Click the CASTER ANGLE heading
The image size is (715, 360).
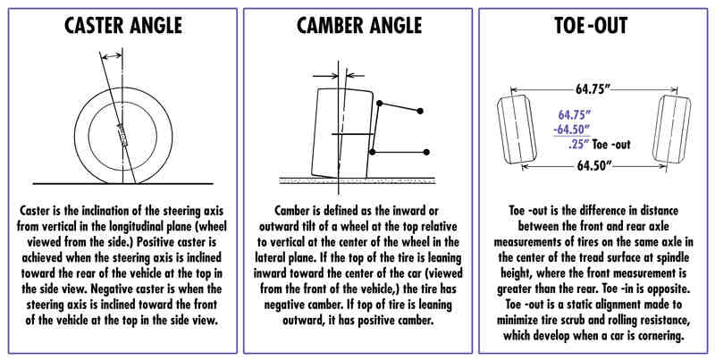123,26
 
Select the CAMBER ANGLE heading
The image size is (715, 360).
359,26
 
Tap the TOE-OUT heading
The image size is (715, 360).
591,26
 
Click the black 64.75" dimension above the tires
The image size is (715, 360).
593,88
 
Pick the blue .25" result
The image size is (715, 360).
578,145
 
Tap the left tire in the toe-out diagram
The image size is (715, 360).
517,130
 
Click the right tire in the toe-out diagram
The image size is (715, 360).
671,130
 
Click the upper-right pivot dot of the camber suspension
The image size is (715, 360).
420,111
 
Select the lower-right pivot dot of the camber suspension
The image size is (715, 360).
426,152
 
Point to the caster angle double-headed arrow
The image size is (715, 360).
111,56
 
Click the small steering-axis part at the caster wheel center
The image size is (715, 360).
123,136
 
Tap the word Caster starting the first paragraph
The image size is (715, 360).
34,212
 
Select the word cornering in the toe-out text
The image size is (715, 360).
661,336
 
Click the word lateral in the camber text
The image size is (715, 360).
270,257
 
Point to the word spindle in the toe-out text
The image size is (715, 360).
670,257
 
